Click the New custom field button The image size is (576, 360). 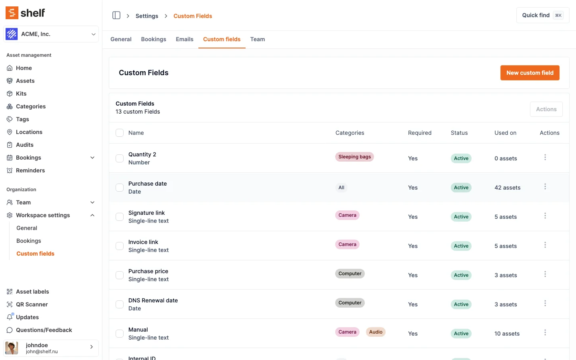click(x=530, y=73)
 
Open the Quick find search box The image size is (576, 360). click(x=542, y=15)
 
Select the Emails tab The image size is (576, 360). click(x=184, y=39)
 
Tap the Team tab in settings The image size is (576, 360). click(x=257, y=39)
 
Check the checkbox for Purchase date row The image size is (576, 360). click(x=120, y=188)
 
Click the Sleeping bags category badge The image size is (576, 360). click(x=354, y=157)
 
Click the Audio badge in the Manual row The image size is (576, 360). click(x=376, y=332)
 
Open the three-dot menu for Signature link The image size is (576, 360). click(x=545, y=216)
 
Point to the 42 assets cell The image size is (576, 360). click(x=507, y=188)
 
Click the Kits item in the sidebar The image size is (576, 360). click(x=21, y=94)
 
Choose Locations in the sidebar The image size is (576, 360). click(x=29, y=132)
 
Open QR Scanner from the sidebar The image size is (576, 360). click(x=32, y=304)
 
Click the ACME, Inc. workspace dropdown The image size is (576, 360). click(x=51, y=34)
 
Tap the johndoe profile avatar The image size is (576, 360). click(x=12, y=348)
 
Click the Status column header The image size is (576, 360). click(x=459, y=133)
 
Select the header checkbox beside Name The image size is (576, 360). click(x=120, y=133)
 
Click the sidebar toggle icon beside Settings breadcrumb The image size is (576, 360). click(x=116, y=15)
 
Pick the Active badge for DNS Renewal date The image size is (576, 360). click(x=461, y=304)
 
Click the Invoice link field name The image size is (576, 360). click(x=143, y=242)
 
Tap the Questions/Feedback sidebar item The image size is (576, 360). click(x=44, y=330)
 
